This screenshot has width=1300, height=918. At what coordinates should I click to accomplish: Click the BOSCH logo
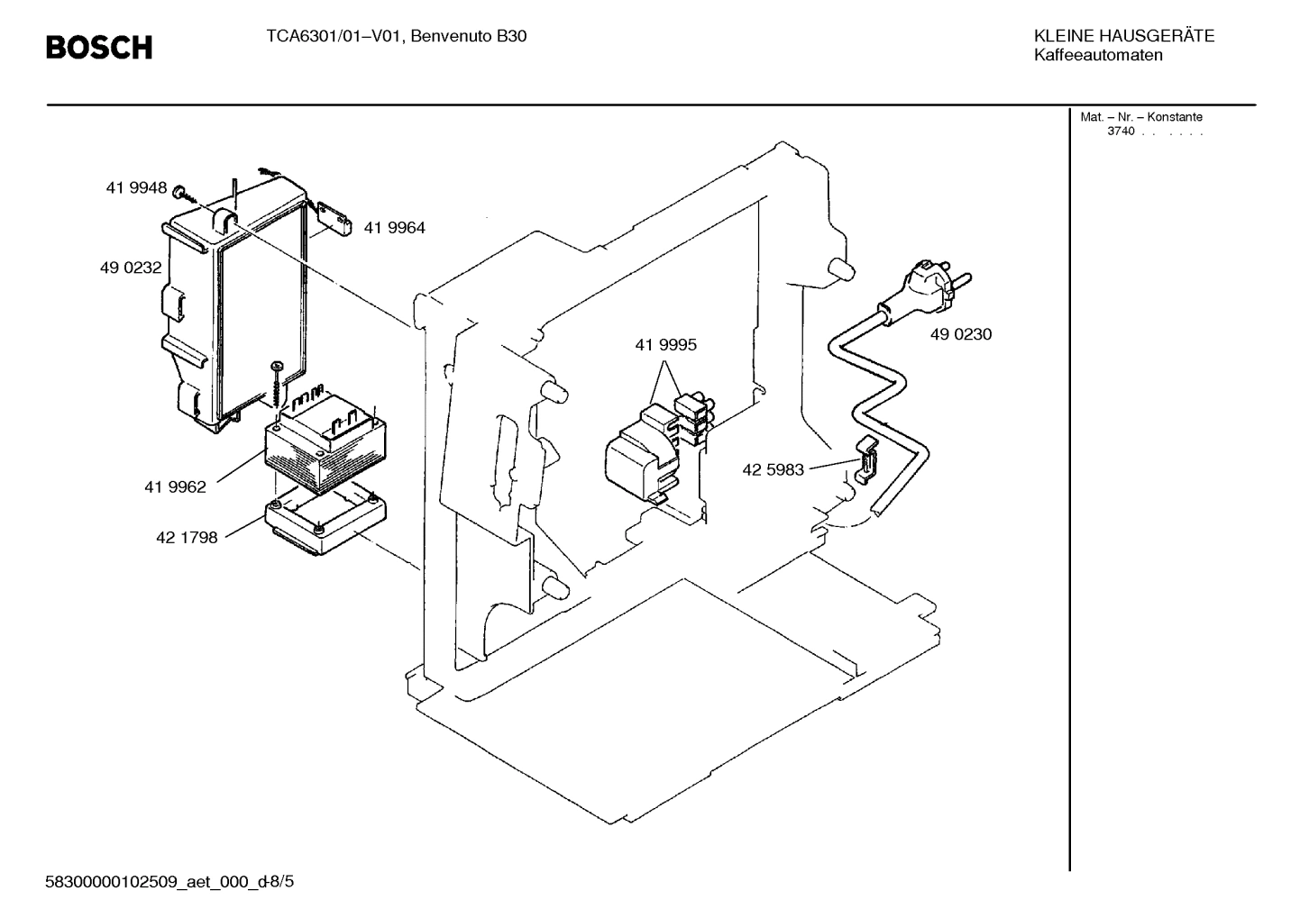point(99,47)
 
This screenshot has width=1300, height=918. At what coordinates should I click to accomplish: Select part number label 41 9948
point(136,188)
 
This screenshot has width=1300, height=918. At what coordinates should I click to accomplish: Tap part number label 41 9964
point(394,229)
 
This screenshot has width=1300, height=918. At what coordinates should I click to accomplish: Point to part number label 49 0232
point(131,268)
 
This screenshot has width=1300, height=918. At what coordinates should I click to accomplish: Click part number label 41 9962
point(175,487)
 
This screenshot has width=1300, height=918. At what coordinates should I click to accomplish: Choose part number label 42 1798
point(187,538)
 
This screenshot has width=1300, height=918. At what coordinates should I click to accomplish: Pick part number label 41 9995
point(665,345)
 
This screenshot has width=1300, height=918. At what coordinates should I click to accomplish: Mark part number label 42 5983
point(773,469)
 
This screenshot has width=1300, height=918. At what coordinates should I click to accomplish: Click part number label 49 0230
point(960,334)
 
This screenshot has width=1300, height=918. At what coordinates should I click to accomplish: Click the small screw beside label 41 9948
point(180,191)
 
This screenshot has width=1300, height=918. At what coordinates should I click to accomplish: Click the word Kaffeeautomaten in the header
point(1098,56)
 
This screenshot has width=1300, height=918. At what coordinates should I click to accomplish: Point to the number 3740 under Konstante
point(1121,132)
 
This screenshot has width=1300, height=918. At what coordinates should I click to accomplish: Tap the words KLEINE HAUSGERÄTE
point(1123,36)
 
